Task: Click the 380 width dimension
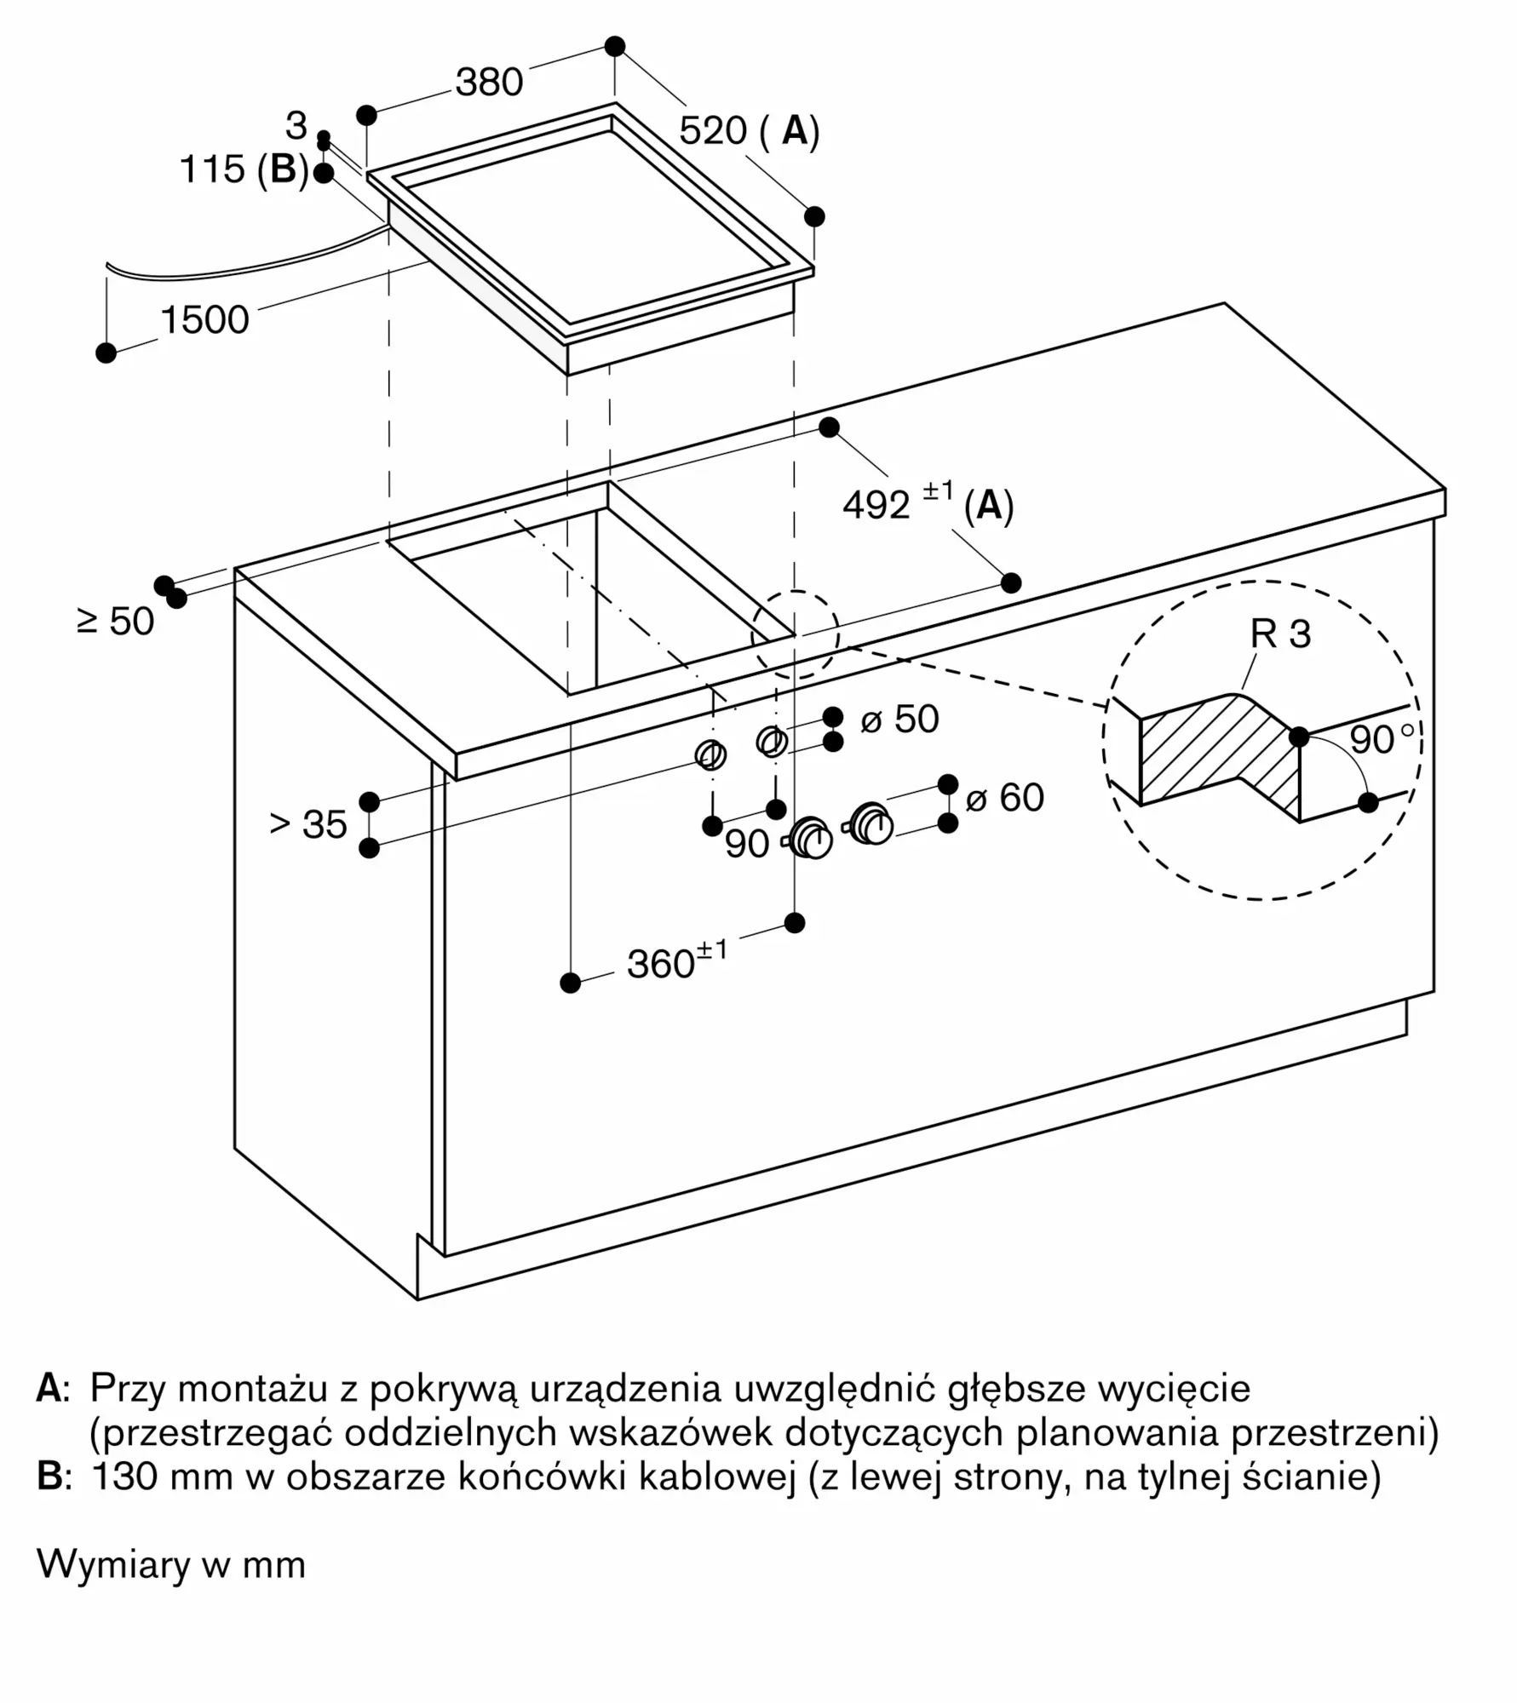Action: tap(489, 83)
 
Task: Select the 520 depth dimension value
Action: tap(713, 131)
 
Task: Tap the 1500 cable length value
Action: tap(204, 320)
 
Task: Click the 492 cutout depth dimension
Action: tap(876, 505)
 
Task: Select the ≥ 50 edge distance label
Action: tap(116, 622)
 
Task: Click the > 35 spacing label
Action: tap(308, 824)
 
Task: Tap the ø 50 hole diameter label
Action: tap(899, 720)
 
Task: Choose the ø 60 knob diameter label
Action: tap(1004, 798)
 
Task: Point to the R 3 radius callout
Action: tap(1280, 634)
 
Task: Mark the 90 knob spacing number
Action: tap(747, 844)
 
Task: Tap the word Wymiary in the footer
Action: tap(113, 1565)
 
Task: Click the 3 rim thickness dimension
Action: tap(296, 126)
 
